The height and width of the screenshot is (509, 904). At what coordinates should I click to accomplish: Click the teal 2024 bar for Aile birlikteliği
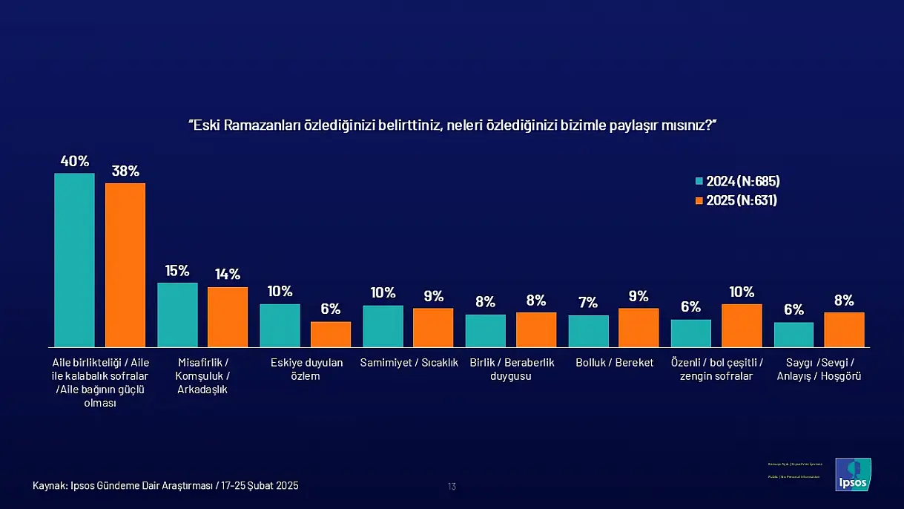point(74,260)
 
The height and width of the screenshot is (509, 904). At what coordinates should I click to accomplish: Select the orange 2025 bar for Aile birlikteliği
point(125,265)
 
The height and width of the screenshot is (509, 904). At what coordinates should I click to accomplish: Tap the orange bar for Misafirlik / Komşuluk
point(228,317)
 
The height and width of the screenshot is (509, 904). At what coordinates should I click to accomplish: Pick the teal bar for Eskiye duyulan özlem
point(280,325)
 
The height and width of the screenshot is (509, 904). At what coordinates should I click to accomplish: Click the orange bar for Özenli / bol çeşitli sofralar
point(742,325)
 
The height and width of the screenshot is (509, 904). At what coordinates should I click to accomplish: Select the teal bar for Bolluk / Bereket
point(588,331)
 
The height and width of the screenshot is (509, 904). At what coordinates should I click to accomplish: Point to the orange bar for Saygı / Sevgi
point(844,329)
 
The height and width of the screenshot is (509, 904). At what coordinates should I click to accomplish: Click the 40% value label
point(74,161)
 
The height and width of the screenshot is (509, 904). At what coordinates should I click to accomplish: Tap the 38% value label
point(125,171)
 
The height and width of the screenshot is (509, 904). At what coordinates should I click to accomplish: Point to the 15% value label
point(177,271)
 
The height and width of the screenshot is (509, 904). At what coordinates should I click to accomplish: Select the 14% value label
point(228,275)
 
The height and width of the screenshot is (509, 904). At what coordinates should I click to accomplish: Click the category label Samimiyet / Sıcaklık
point(409,363)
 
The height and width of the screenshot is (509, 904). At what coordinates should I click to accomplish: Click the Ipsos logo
point(853,475)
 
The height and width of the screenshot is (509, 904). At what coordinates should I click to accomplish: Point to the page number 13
point(452,487)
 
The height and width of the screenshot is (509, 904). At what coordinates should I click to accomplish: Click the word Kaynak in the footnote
point(49,486)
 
